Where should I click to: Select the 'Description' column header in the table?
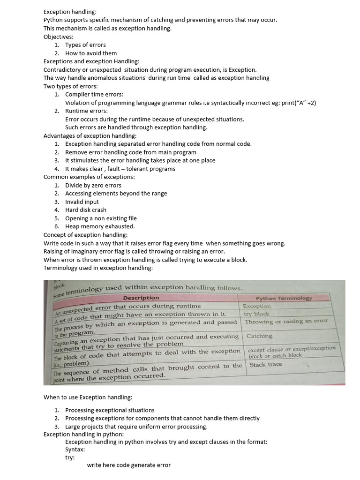tap(141, 298)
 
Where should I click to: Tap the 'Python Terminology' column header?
tap(284, 299)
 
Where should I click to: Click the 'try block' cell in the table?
tap(257, 314)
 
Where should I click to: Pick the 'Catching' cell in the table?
tap(259, 336)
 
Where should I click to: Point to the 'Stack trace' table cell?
tap(266, 364)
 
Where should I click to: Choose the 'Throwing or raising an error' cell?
tap(286, 321)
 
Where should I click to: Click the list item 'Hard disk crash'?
tap(86, 210)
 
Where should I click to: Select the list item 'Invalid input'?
tap(82, 202)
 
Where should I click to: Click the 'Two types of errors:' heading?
tap(70, 86)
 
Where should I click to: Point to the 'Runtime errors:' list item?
tap(86, 111)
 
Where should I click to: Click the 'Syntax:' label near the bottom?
tap(75, 449)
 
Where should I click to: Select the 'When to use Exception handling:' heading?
tap(88, 397)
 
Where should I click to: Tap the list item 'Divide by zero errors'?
tap(93, 185)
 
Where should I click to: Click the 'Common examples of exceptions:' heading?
tap(89, 177)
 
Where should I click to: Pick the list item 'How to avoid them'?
tap(91, 53)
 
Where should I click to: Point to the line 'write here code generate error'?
tap(129, 465)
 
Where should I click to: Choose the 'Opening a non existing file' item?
tap(101, 218)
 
